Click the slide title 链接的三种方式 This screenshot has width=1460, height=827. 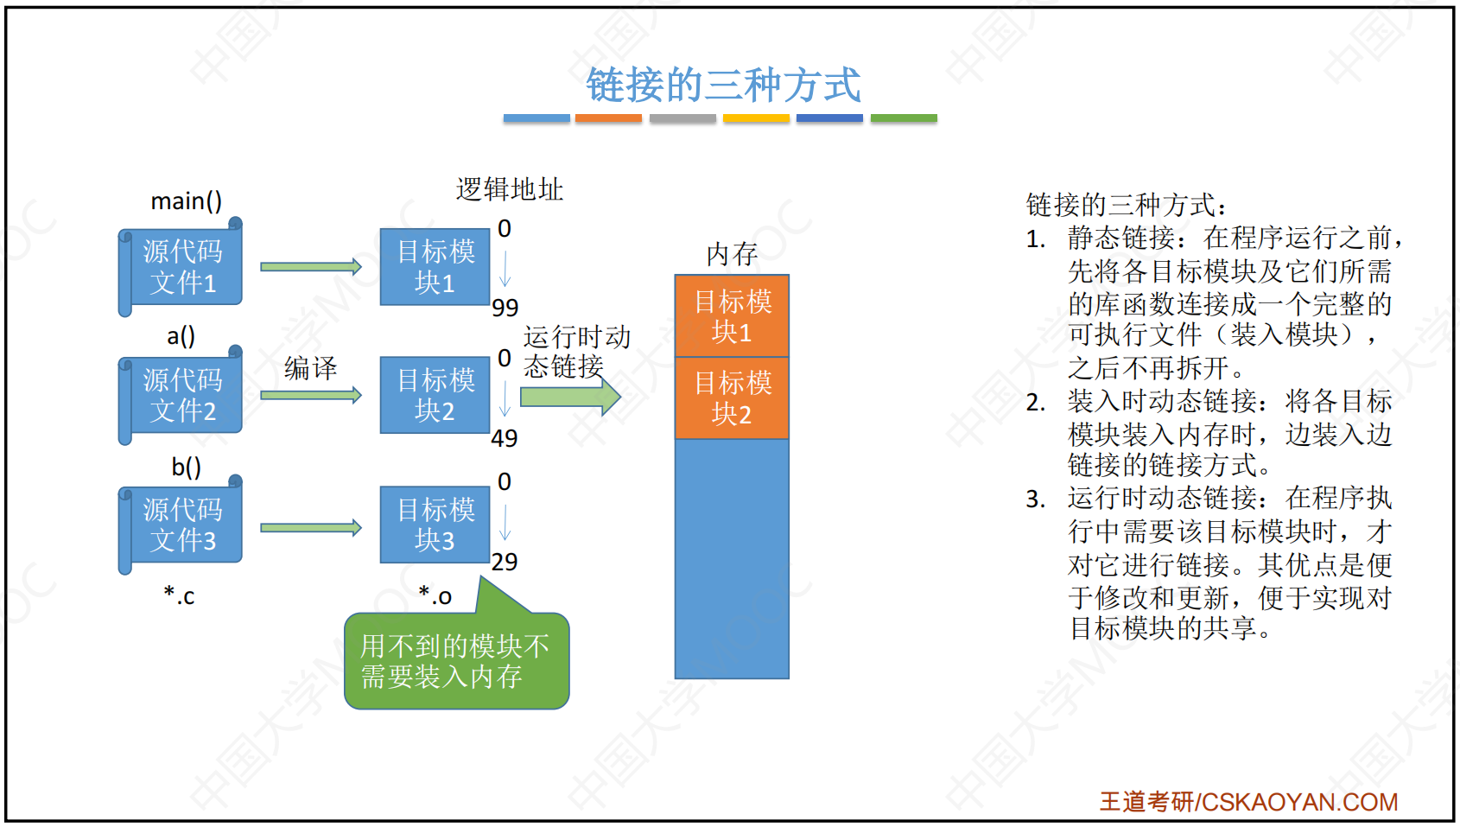pos(723,85)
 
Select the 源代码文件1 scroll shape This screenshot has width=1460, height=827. pos(181,267)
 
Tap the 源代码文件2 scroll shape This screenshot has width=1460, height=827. pos(181,395)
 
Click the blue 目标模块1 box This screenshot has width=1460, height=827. pos(435,267)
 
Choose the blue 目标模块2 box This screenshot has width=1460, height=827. pos(435,395)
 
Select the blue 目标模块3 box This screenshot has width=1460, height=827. pos(435,525)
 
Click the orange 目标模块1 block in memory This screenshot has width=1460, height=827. pos(732,316)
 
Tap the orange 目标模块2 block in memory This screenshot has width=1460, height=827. pos(732,398)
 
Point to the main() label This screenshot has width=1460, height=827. pos(187,200)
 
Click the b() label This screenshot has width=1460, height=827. pos(187,467)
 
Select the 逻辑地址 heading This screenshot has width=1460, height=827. pos(509,189)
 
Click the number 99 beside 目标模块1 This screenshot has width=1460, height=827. pos(505,308)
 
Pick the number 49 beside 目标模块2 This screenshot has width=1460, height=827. pos(505,438)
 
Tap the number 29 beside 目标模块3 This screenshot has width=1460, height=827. pos(505,562)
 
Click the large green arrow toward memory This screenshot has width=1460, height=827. pos(570,396)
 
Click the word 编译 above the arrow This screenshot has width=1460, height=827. pos(311,368)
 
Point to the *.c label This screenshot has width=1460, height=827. pos(179,595)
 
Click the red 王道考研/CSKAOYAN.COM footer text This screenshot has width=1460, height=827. pos(1249,802)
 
